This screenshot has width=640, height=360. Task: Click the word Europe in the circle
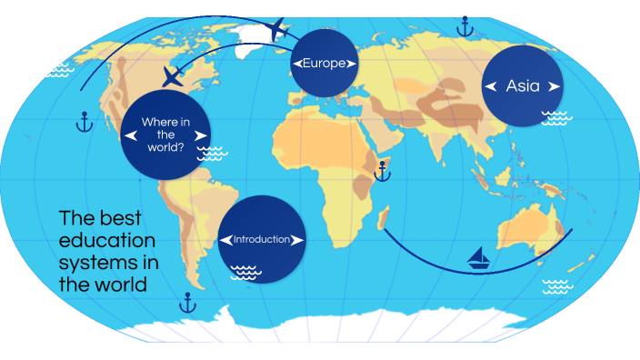325,63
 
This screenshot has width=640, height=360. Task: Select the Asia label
523,86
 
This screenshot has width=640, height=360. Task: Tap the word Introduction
262,240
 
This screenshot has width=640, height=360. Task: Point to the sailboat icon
478,259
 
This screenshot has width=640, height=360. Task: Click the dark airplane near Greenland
277,29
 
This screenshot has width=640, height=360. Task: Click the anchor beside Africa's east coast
383,169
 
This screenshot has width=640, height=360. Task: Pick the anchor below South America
188,303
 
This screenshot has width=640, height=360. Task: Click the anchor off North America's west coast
84,121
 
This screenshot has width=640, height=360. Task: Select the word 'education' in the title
107,241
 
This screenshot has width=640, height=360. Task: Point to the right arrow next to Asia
552,86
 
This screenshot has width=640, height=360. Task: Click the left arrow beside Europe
296,63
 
